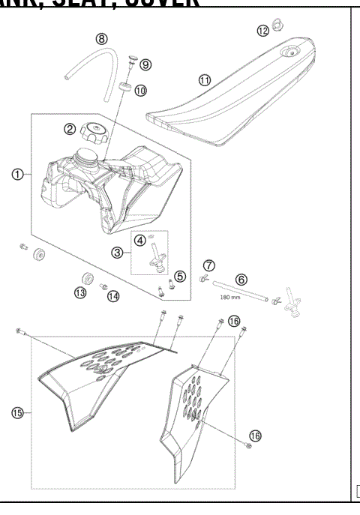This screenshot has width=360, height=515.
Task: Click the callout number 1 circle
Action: tap(16, 174)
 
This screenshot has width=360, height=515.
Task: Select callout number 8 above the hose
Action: tap(101, 38)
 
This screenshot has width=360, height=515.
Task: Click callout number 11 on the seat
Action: tap(204, 79)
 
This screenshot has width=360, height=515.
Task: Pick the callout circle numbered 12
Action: tap(262, 31)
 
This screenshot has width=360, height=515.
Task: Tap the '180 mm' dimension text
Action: tap(230, 297)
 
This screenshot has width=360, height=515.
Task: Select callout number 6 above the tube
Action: tap(241, 278)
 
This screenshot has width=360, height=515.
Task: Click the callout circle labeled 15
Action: tap(16, 412)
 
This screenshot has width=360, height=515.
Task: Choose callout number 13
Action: tap(80, 292)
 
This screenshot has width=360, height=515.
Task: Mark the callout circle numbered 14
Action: tap(112, 296)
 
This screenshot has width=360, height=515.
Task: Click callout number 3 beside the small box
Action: tap(118, 253)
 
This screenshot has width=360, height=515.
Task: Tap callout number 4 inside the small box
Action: tap(140, 240)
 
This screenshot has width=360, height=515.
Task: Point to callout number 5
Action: tap(179, 277)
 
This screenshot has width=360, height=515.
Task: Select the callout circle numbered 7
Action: tap(209, 265)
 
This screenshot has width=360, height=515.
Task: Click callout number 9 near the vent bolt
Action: tap(145, 65)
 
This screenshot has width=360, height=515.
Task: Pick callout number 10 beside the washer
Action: tap(141, 90)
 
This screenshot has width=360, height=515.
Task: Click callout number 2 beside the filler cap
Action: tap(69, 129)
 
